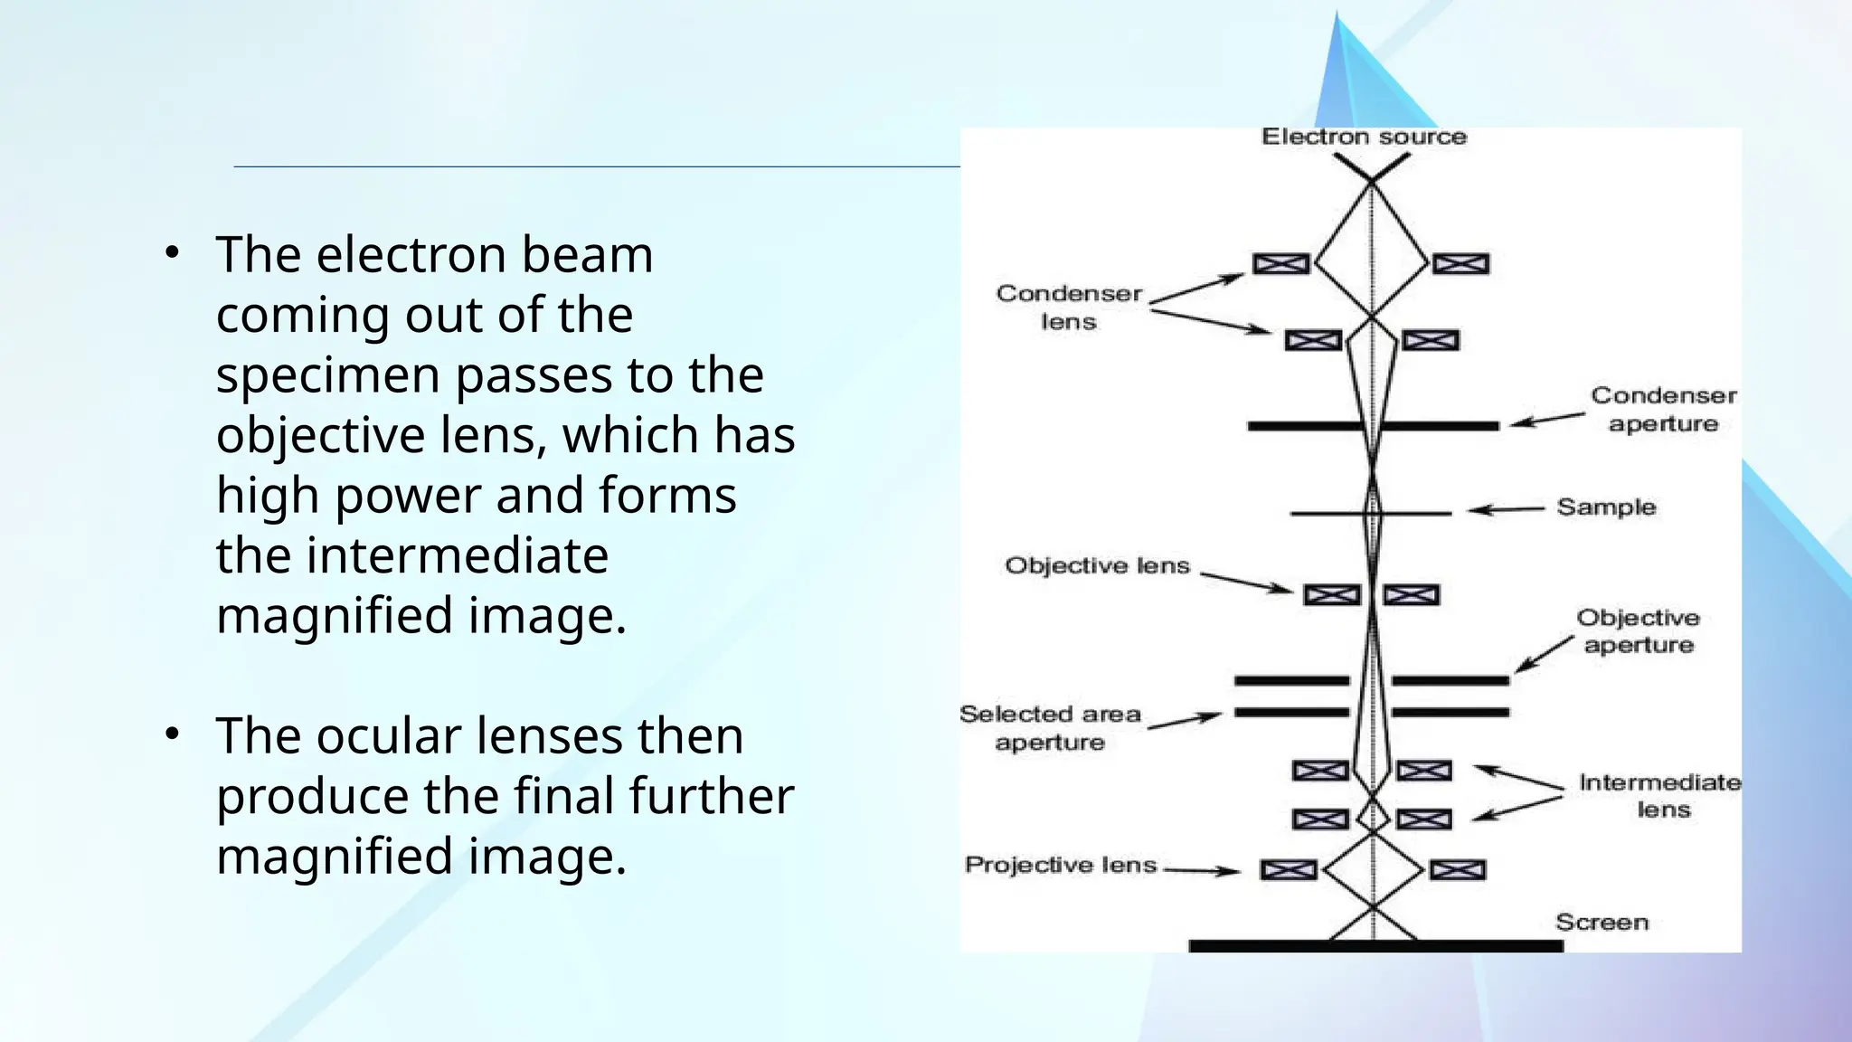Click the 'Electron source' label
(1363, 137)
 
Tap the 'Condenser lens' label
(1069, 308)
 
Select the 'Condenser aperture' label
(1663, 410)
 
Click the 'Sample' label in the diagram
(1605, 507)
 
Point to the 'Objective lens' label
(1097, 566)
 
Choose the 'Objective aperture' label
(1638, 631)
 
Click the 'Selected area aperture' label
(1050, 728)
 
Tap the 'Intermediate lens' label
(1660, 796)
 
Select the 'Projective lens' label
(1061, 866)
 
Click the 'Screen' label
(1602, 923)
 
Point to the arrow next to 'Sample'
(1505, 509)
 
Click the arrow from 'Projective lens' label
(1201, 871)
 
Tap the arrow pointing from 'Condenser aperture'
(1547, 420)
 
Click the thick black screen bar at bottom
(1375, 946)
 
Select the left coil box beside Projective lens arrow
(1288, 870)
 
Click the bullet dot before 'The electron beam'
(173, 254)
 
